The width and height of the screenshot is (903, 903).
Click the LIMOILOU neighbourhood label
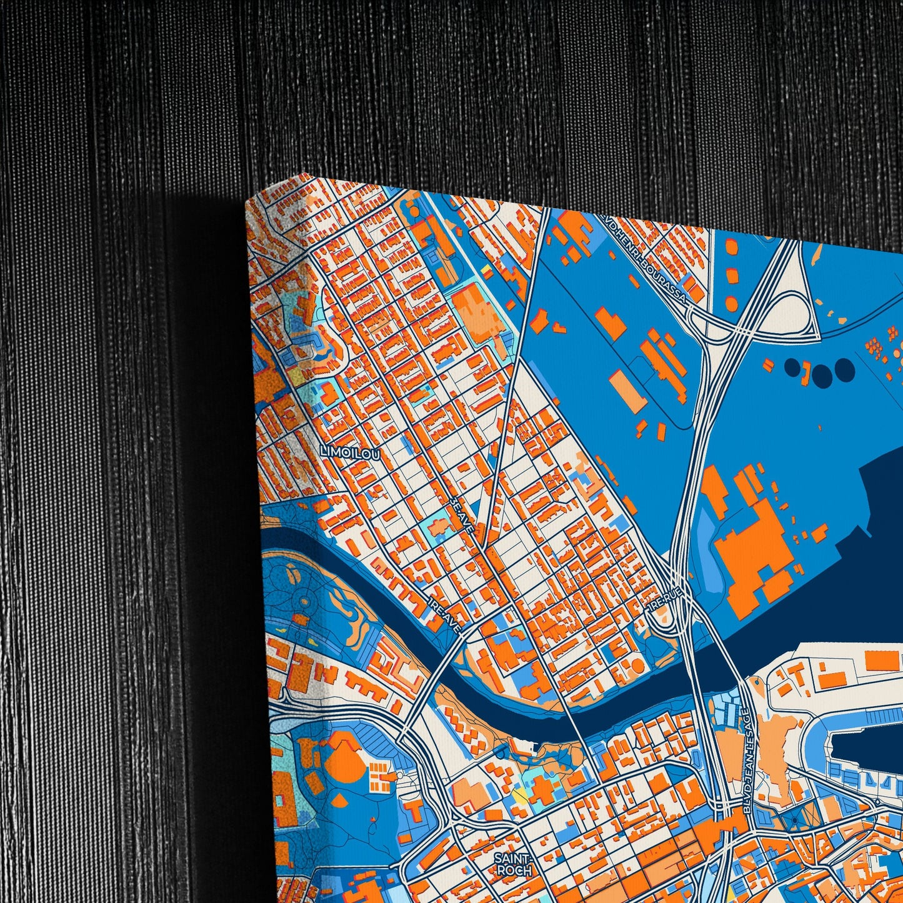point(349,454)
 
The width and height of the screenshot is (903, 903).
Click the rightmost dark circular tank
point(844,369)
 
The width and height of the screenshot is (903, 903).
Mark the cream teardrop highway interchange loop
point(794,316)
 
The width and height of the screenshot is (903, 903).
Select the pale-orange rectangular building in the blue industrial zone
point(629,391)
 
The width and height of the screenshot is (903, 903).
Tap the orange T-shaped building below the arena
point(414,812)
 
